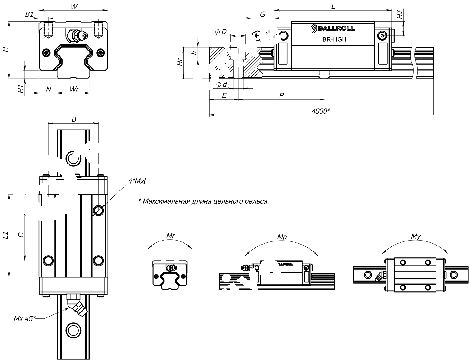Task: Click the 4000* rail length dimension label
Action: (x=321, y=111)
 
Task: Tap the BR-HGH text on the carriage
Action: (x=334, y=39)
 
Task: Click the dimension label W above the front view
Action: (x=74, y=6)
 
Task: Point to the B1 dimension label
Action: (x=29, y=14)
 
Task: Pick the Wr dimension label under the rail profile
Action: (x=74, y=89)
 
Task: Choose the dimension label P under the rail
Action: (x=281, y=95)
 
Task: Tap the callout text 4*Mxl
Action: (x=137, y=181)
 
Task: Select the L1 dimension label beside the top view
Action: (x=5, y=236)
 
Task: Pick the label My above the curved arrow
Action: (x=416, y=237)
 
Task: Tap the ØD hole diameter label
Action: (x=221, y=32)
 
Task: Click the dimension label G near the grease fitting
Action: (x=263, y=14)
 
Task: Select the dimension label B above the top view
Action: (x=74, y=119)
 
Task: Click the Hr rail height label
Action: (x=179, y=63)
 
